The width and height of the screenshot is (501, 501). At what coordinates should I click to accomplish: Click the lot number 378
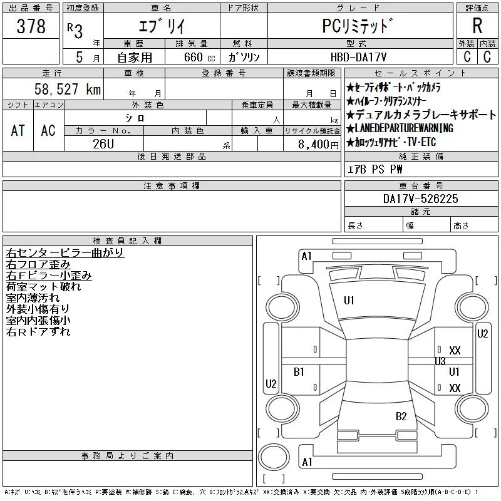[x=31, y=26]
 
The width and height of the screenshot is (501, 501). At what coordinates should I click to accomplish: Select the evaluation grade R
[x=477, y=26]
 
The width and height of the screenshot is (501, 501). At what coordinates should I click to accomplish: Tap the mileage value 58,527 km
[x=68, y=89]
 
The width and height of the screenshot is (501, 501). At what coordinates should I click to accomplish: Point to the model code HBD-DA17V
[x=358, y=57]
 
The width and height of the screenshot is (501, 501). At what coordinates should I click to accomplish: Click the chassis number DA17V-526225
[x=420, y=199]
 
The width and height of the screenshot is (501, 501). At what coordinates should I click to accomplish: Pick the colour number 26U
[x=103, y=144]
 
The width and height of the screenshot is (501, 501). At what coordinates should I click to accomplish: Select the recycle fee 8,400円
[x=318, y=145]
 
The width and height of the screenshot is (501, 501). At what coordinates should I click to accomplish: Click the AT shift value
[x=18, y=130]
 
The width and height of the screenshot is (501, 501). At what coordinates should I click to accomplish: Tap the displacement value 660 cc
[x=199, y=57]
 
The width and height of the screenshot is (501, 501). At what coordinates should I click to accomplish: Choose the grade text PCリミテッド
[x=358, y=26]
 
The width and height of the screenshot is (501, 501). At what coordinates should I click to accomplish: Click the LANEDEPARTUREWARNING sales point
[x=400, y=128]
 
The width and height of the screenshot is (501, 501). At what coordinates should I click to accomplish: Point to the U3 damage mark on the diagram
[x=440, y=361]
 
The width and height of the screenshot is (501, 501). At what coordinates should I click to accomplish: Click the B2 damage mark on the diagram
[x=401, y=416]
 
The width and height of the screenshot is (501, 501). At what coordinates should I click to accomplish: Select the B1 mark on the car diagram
[x=299, y=372]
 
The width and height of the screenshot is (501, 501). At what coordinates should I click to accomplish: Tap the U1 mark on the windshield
[x=349, y=301]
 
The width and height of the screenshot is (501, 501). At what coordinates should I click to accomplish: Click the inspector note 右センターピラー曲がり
[x=65, y=253]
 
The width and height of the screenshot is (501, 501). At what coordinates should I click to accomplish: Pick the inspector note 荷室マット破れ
[x=43, y=287]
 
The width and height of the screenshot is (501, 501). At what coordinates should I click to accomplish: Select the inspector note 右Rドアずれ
[x=38, y=332]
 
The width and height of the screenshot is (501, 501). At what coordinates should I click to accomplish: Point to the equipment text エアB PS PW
[x=374, y=169]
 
